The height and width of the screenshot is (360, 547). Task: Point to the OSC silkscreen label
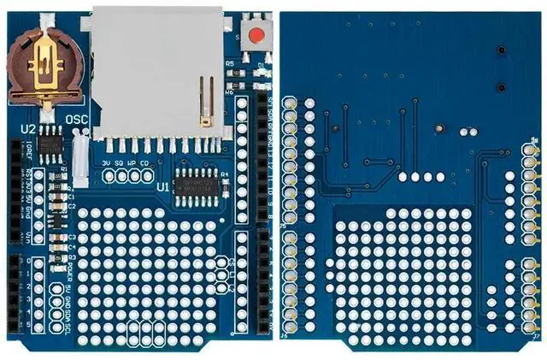point(77,120)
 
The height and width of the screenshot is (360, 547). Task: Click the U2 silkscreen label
point(28,128)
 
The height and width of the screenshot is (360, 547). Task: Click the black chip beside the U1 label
point(196,182)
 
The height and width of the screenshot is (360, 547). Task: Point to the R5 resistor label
point(230,64)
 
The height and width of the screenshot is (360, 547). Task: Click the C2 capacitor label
point(72,207)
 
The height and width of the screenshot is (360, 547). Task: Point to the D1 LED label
point(261,64)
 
